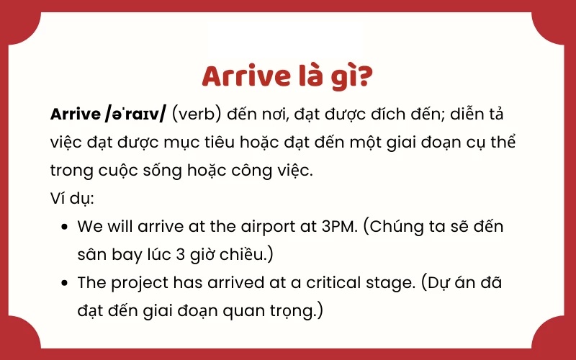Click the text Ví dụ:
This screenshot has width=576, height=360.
click(x=71, y=198)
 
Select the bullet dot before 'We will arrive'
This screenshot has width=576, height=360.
click(x=65, y=226)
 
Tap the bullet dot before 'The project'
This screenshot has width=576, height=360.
click(x=65, y=282)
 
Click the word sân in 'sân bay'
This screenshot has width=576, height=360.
click(x=91, y=254)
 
